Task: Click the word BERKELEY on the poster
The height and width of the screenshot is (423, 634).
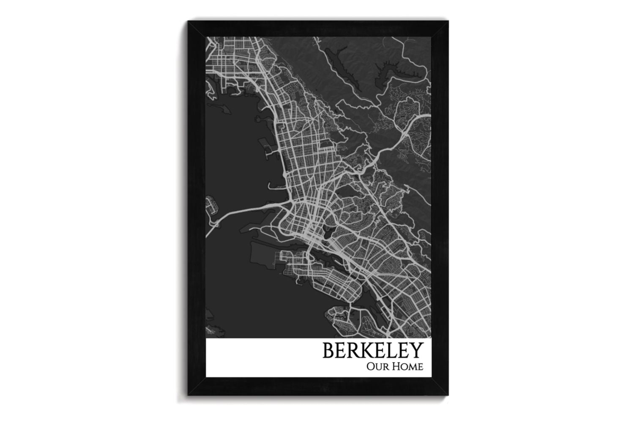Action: tap(372, 350)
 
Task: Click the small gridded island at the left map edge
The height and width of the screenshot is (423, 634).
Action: tap(211, 207)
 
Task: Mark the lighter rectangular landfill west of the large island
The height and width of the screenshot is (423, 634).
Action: tap(262, 254)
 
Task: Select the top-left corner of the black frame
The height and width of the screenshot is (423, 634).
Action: tap(189, 22)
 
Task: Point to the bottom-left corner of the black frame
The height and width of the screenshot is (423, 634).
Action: tap(189, 395)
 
